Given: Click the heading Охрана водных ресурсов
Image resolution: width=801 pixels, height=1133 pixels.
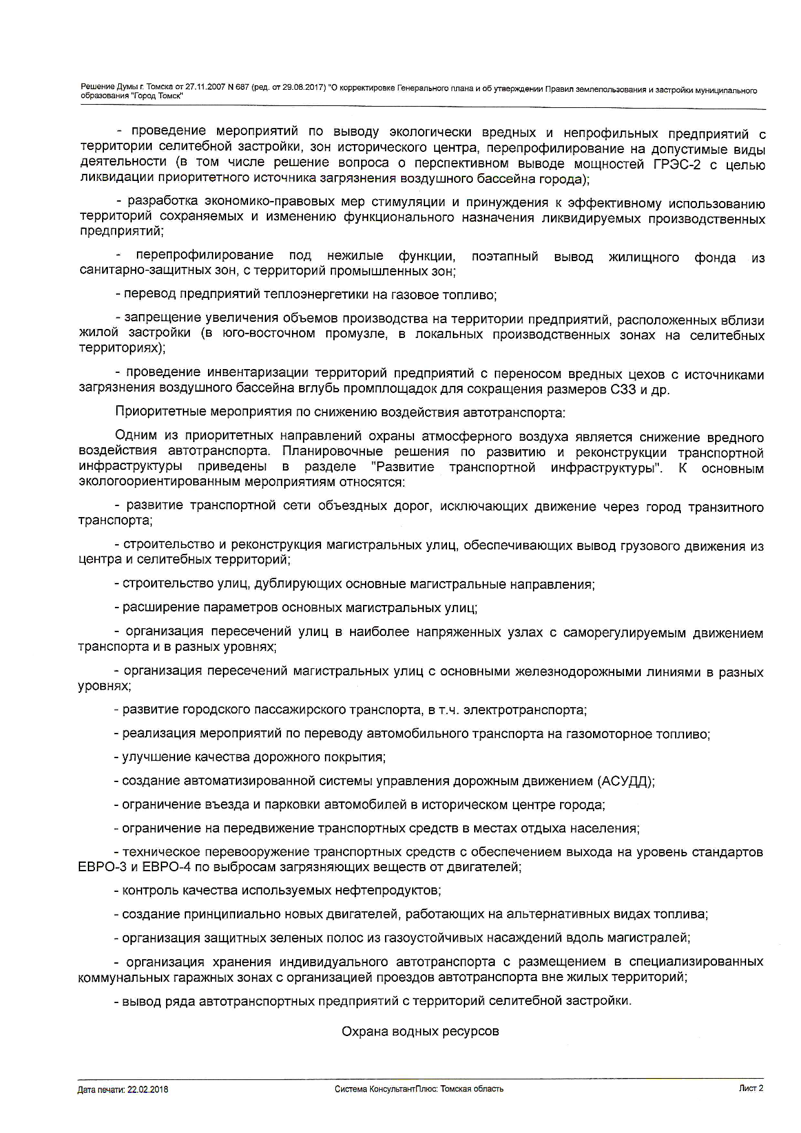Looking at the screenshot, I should click(x=420, y=1032).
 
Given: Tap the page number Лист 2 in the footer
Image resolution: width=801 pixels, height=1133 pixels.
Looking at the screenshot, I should click(x=751, y=1088).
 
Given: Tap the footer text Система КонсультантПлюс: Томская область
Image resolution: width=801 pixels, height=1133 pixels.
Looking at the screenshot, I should click(x=419, y=1089).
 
